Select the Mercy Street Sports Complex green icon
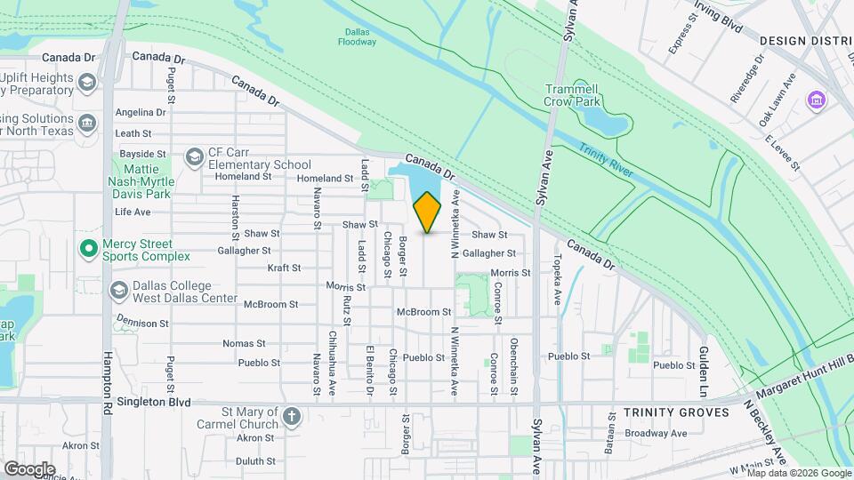[88, 248]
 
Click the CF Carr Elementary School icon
[193, 157]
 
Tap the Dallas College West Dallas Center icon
[118, 291]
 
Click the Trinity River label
[605, 159]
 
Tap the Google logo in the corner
[28, 468]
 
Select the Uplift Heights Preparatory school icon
[87, 84]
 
